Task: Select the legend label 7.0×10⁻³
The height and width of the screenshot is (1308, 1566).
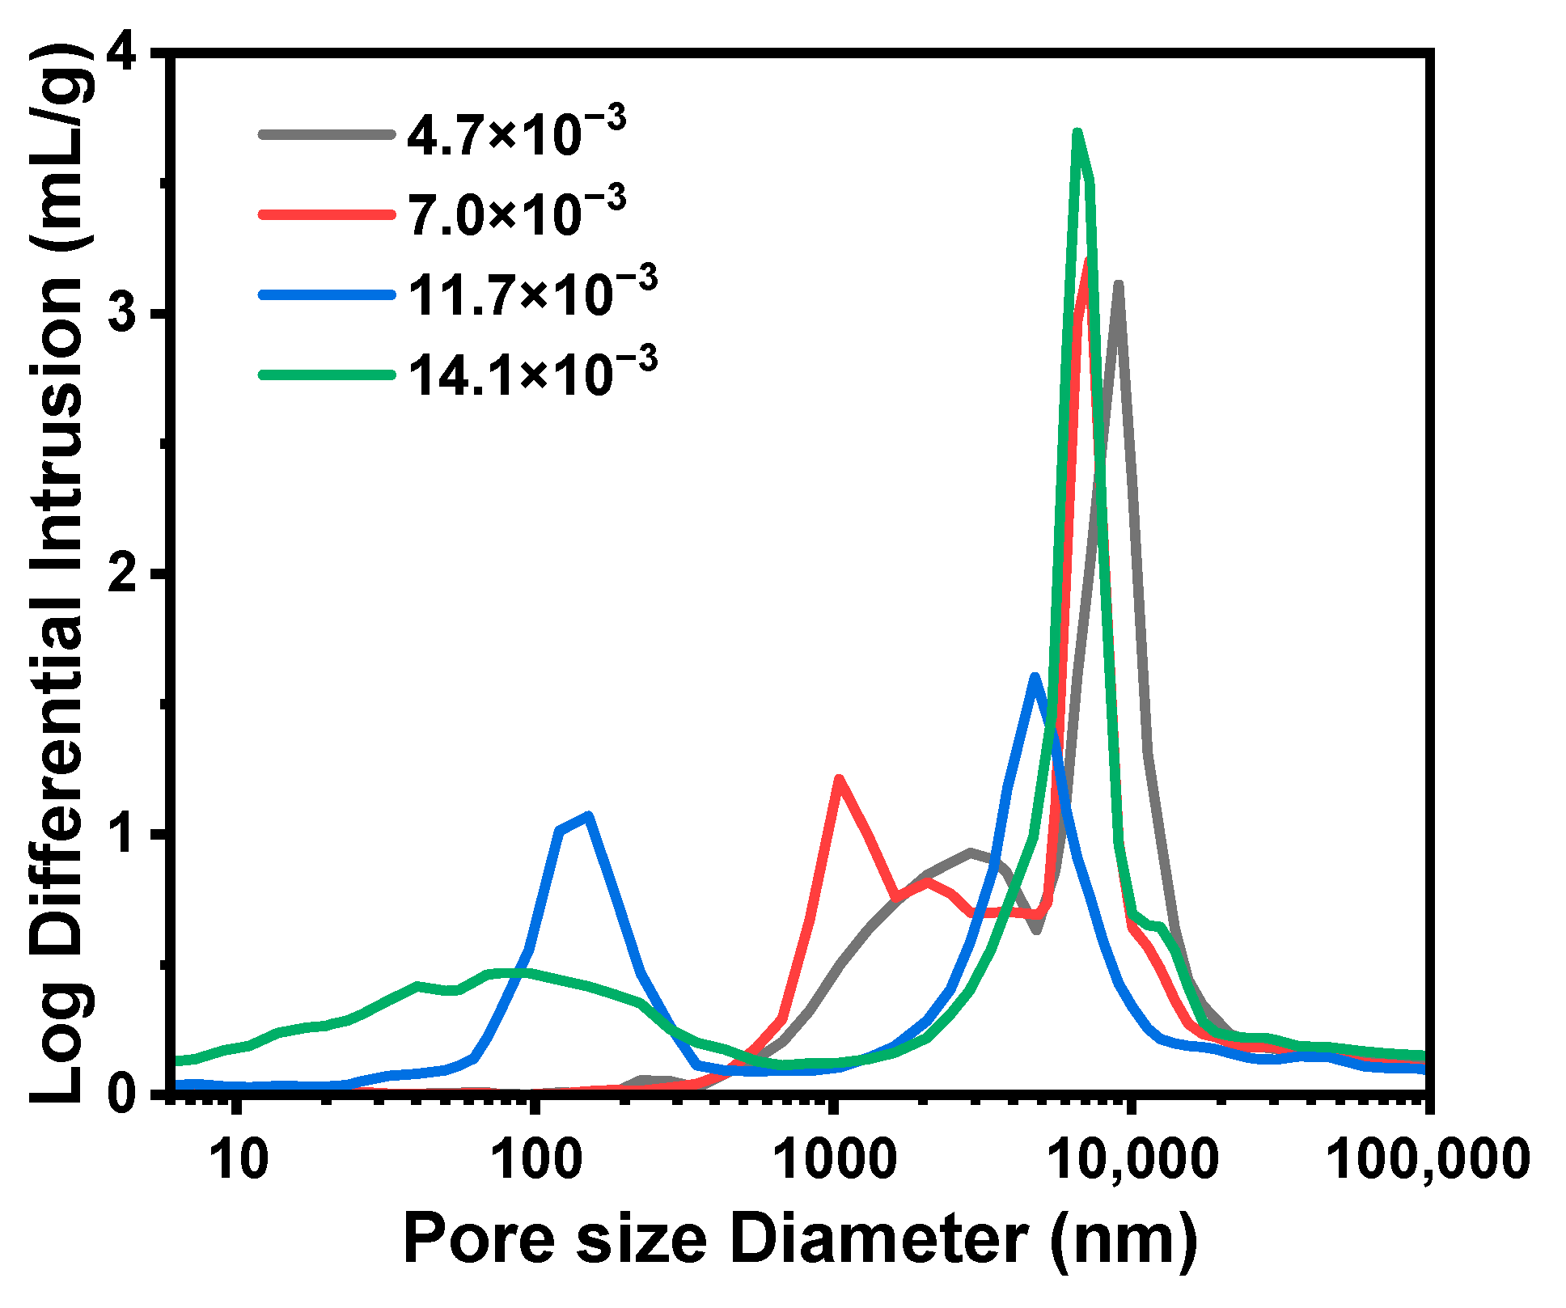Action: tap(515, 214)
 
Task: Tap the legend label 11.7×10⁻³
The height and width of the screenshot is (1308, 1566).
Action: tap(531, 293)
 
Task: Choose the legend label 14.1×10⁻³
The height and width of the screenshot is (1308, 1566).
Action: tap(531, 373)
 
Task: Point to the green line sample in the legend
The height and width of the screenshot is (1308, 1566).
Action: tap(326, 375)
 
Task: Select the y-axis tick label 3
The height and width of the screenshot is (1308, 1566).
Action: tap(130, 315)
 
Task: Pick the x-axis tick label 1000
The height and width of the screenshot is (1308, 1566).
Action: tap(834, 1159)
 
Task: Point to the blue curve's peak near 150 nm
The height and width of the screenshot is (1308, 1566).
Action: tap(589, 815)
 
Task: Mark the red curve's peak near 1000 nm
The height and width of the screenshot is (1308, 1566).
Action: tap(839, 779)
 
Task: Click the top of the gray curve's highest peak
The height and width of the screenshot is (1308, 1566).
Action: tap(1118, 285)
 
